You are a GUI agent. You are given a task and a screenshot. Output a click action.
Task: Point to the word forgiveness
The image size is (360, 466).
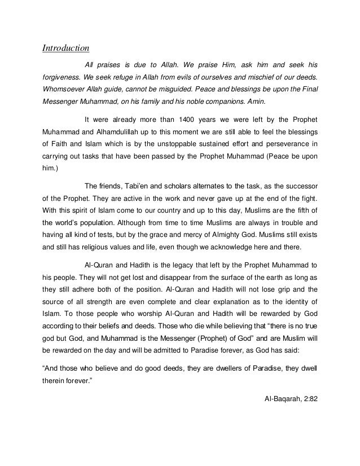pyautogui.click(x=62, y=77)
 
